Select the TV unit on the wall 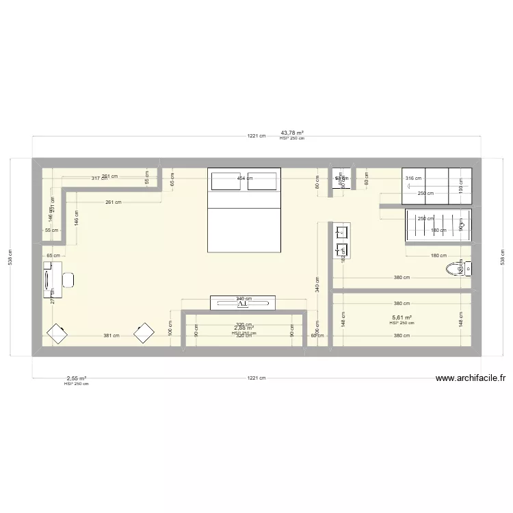pyautogui.click(x=243, y=301)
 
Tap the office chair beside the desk pyautogui.click(x=68, y=280)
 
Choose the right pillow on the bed pyautogui.click(x=263, y=181)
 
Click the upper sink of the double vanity pyautogui.click(x=341, y=233)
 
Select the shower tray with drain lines pyautogui.click(x=438, y=224)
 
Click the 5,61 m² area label pyautogui.click(x=402, y=317)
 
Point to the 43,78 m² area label pyautogui.click(x=292, y=133)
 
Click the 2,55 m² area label pyautogui.click(x=76, y=378)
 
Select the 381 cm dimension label pyautogui.click(x=111, y=336)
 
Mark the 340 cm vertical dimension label pyautogui.click(x=317, y=283)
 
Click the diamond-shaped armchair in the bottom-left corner pyautogui.click(x=57, y=334)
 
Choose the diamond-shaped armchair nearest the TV pyautogui.click(x=144, y=333)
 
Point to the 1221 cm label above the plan pyautogui.click(x=256, y=136)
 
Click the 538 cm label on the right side pyautogui.click(x=503, y=257)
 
